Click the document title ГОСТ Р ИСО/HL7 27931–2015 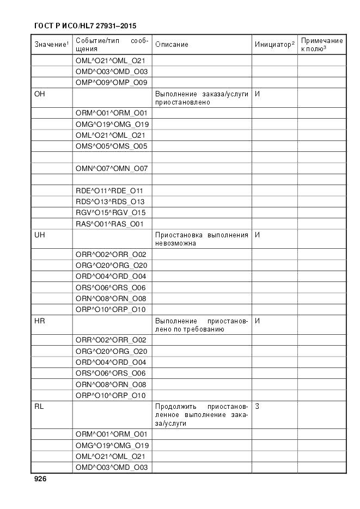tap(85, 26)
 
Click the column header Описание tap(172, 45)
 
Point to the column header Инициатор tap(274, 44)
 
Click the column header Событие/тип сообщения tap(112, 45)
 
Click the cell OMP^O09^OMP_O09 tap(112, 82)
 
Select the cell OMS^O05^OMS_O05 tap(112, 146)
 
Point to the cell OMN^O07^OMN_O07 tap(112, 168)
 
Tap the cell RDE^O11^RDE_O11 tap(109, 191)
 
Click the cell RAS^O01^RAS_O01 tap(109, 223)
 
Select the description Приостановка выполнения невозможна tap(202, 239)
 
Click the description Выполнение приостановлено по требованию tap(202, 325)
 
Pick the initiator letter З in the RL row tap(257, 407)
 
